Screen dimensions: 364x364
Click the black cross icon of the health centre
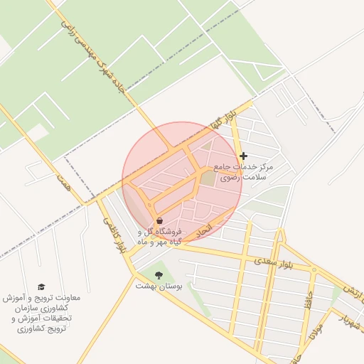[244, 156]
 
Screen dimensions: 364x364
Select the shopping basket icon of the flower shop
[159, 220]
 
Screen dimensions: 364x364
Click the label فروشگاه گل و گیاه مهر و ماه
[159, 237]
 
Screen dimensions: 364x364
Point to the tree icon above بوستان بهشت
[159, 274]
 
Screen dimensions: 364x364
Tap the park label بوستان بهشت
[159, 286]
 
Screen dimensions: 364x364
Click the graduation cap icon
[41, 287]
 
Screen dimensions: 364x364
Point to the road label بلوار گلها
[222, 118]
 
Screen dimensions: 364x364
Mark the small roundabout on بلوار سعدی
[314, 269]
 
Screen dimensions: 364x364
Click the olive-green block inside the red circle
[207, 178]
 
